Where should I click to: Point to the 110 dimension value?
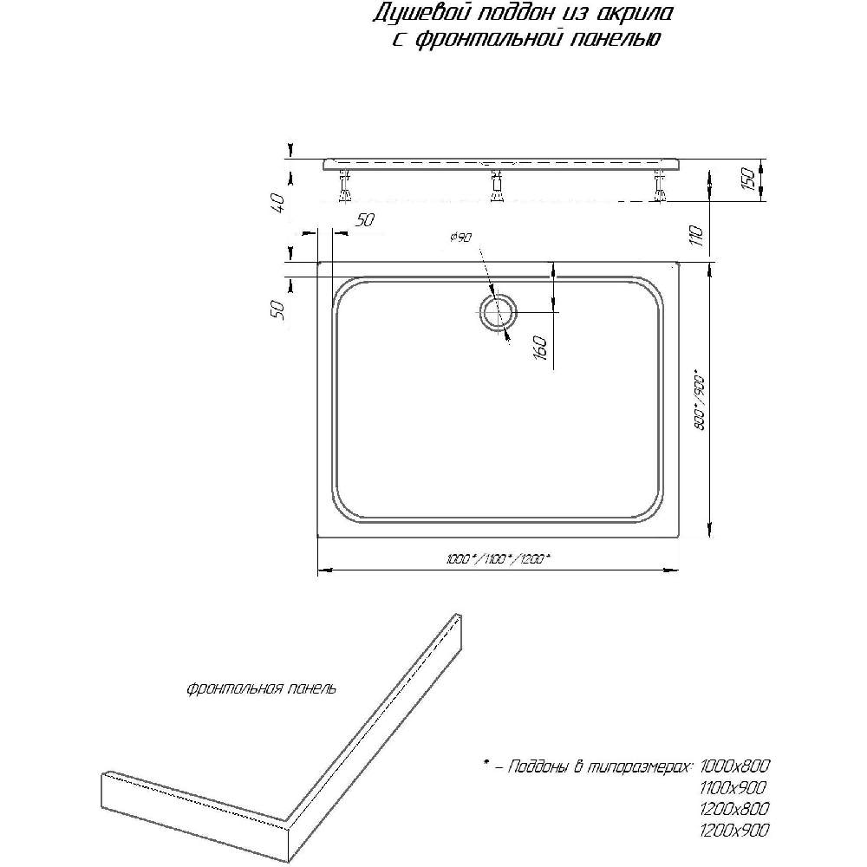tap(697, 236)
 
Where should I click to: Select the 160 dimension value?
tap(541, 348)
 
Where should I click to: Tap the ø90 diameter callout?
tap(461, 238)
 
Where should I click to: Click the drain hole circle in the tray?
tap(499, 312)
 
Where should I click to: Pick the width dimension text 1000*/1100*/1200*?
tap(499, 559)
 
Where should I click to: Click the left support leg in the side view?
tap(345, 186)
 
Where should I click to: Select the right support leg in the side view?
tap(659, 186)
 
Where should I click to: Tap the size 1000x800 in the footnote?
tap(734, 766)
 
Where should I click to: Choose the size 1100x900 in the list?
tap(733, 787)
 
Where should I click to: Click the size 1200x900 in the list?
tap(734, 830)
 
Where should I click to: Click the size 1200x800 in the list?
tap(734, 808)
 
